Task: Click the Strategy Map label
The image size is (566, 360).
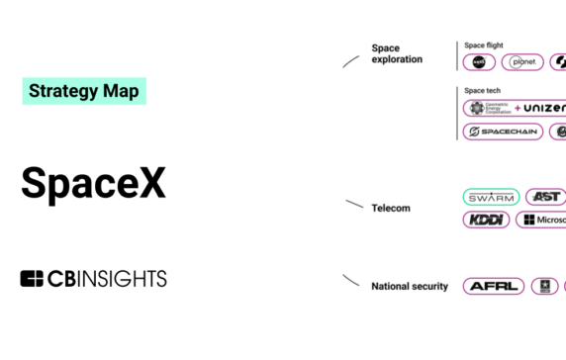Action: (84, 91)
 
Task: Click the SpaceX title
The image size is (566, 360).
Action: (93, 183)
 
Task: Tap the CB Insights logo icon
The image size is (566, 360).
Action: (32, 279)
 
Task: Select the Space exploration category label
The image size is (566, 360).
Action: (397, 53)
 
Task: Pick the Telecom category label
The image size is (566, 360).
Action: (390, 208)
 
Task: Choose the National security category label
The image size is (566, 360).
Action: (410, 286)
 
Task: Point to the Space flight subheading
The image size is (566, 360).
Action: (484, 45)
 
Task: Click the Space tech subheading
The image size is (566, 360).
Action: (482, 90)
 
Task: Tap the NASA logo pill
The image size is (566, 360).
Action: (479, 62)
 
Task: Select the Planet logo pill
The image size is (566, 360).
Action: (523, 62)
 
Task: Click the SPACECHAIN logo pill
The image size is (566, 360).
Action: (503, 132)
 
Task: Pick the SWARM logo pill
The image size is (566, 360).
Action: (491, 197)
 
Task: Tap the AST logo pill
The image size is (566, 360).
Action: (545, 197)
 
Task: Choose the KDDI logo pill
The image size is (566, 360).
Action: (486, 220)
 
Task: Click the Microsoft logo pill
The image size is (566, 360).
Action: (542, 220)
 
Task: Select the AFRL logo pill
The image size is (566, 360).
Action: (493, 286)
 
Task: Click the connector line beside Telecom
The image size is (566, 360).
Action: (354, 205)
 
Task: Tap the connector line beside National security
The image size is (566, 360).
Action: (351, 281)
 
